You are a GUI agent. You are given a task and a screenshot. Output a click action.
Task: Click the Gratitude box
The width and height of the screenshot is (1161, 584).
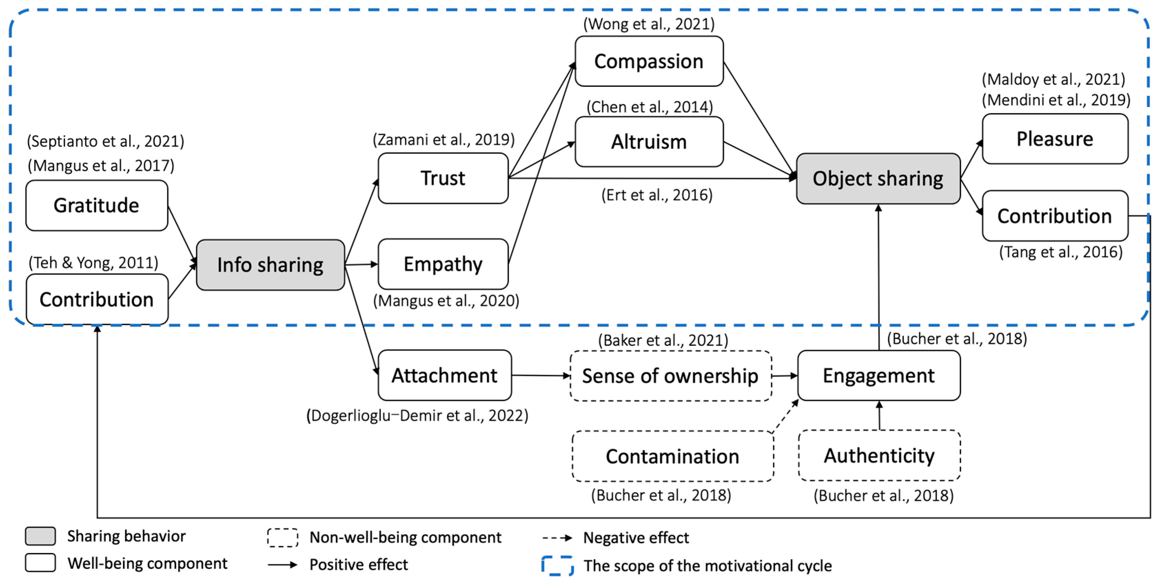point(96,205)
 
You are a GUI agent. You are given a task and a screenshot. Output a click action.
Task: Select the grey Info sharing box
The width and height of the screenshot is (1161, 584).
point(270,265)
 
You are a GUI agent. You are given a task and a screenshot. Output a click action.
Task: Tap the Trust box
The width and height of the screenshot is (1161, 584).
point(443,178)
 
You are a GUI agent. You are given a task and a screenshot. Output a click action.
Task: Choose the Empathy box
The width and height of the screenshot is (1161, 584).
point(443,264)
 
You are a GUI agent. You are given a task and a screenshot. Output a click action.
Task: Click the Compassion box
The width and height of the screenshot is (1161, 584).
point(649,61)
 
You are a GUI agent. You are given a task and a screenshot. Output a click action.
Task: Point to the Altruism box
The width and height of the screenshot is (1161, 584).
point(649,142)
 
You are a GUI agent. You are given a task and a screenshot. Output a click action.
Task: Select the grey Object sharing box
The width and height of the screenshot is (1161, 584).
point(878,179)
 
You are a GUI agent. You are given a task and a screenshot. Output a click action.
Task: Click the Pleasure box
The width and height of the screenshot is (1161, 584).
point(1055,139)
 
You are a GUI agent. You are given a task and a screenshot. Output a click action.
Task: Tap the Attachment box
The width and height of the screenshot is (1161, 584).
point(444,375)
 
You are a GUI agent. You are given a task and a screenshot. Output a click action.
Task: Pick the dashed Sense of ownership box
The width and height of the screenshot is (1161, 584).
point(671,376)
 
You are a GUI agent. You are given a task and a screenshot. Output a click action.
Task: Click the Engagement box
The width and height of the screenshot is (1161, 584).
point(879,375)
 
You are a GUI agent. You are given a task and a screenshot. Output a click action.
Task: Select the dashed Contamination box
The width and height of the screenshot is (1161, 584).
point(672,456)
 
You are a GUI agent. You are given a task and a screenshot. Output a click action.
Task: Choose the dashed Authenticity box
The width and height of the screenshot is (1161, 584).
point(879,455)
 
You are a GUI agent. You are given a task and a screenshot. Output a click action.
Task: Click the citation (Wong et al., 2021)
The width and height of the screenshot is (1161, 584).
point(649,24)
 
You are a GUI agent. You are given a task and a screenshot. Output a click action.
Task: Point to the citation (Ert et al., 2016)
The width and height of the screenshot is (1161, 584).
point(657,195)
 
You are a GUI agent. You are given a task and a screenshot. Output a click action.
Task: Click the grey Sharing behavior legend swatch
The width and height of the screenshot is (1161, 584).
point(41,536)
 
